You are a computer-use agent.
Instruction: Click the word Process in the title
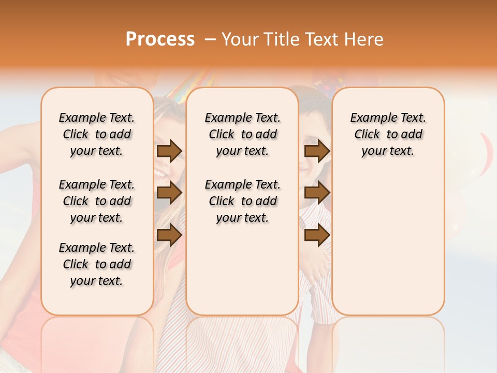click(x=160, y=39)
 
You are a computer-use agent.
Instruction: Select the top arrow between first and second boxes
click(x=169, y=151)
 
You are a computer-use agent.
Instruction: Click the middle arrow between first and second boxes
click(x=169, y=193)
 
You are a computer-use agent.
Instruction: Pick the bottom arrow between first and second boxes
click(x=169, y=235)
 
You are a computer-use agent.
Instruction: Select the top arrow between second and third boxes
click(x=317, y=151)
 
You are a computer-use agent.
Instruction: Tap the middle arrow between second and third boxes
click(x=317, y=193)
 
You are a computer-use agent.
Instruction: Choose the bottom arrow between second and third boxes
click(x=317, y=235)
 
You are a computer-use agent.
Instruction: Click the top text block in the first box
click(x=97, y=134)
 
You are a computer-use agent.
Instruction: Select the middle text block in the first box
click(x=97, y=201)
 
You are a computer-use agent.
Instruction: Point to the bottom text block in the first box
click(x=97, y=264)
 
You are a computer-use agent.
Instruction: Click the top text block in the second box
click(x=243, y=134)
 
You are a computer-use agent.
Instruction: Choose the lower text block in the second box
click(x=243, y=201)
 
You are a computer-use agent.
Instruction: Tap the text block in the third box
click(x=388, y=134)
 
